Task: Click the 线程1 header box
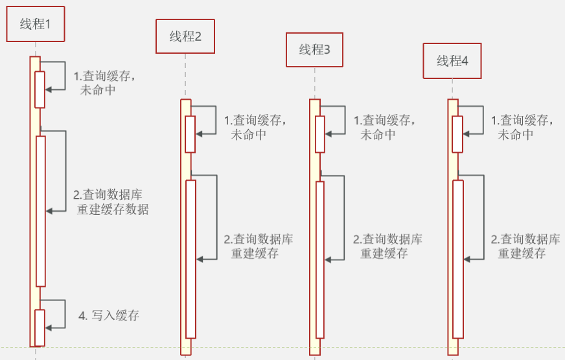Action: coord(35,24)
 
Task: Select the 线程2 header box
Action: coord(185,36)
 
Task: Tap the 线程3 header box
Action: coord(314,50)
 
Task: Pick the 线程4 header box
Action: coord(452,61)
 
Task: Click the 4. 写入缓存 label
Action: coord(109,316)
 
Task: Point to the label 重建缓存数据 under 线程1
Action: coord(113,209)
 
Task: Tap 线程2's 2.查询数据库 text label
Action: coord(259,239)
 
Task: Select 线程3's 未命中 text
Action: coord(378,135)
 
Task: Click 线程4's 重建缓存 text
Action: coord(522,253)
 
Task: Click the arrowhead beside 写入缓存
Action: coord(49,328)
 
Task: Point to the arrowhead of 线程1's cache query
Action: coord(49,89)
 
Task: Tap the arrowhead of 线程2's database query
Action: coord(200,259)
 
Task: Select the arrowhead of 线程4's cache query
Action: coord(466,134)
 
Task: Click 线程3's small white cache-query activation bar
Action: coord(320,134)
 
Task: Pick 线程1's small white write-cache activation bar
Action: coord(40,328)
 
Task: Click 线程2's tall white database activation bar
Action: coord(190,259)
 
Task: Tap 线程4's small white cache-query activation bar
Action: coord(457,134)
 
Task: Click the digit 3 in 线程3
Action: coord(327,50)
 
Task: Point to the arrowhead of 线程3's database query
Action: coord(328,260)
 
